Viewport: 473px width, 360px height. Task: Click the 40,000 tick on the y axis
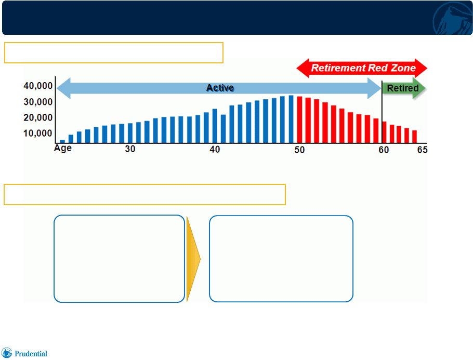coord(38,86)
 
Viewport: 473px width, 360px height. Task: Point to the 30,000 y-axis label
coord(38,102)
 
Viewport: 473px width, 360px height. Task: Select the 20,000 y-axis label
coord(38,117)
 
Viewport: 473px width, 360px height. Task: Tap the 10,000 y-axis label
coord(38,134)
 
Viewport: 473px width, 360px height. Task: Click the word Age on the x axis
coord(63,149)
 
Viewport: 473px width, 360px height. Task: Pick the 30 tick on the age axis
coord(130,149)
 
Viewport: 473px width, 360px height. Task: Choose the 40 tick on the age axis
coord(215,149)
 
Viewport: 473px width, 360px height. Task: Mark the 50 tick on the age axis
coord(299,150)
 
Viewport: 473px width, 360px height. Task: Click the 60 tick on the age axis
coord(384,150)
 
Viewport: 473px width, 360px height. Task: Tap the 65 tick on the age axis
coord(422,150)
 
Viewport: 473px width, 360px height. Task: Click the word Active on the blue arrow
coord(220,88)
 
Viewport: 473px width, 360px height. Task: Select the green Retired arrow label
coord(403,88)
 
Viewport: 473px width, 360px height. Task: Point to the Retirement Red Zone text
coord(363,68)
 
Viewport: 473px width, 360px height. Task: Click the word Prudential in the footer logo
coord(31,354)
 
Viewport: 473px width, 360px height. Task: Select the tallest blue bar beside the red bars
coord(291,119)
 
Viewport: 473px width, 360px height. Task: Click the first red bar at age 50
coord(299,119)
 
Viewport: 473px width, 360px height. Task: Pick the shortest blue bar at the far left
coord(62,141)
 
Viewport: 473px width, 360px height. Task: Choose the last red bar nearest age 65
coord(414,137)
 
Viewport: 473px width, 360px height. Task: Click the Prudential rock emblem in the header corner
coord(453,19)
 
